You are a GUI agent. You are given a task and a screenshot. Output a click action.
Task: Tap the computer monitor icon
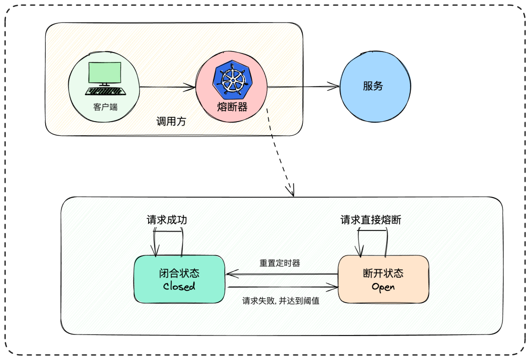tap(105, 75)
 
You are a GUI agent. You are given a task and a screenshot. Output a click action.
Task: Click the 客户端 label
tap(106, 106)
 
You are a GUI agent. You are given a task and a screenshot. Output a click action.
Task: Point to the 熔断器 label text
tap(232, 106)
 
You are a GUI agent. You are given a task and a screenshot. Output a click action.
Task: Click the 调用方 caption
tap(171, 122)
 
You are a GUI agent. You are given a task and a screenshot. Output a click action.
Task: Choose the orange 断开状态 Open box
tap(383, 279)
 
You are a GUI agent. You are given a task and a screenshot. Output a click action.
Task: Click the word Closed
tap(179, 286)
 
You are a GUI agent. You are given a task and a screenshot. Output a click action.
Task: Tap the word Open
tap(383, 287)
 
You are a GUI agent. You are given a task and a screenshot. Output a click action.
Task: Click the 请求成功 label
tap(167, 220)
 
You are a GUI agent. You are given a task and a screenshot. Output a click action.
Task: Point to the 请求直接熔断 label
tap(371, 220)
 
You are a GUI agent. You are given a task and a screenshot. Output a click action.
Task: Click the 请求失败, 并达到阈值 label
tap(281, 301)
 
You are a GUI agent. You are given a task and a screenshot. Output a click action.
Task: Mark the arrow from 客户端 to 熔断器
tap(167, 88)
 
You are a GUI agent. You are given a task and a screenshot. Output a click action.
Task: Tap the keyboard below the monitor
tap(105, 91)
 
